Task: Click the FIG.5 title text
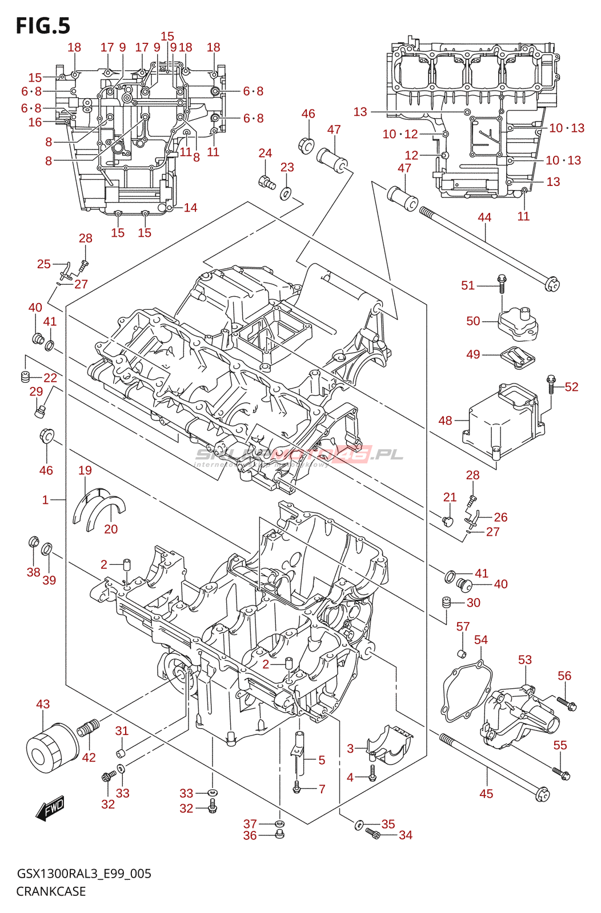click(x=43, y=26)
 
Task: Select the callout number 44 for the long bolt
click(x=484, y=217)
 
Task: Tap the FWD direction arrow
click(x=50, y=809)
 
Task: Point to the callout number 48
click(x=446, y=421)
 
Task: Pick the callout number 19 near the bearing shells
click(x=85, y=470)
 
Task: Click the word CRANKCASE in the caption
click(x=51, y=891)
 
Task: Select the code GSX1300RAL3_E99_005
click(x=84, y=874)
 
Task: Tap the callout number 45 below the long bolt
click(x=486, y=794)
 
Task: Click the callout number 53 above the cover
click(x=525, y=660)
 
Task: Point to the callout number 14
click(x=190, y=208)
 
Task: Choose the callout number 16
click(x=35, y=122)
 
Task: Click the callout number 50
click(x=473, y=321)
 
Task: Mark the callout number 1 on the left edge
click(x=45, y=500)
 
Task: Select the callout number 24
click(x=265, y=153)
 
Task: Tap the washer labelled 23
click(x=286, y=193)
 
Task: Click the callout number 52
click(x=572, y=387)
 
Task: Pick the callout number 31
click(x=122, y=731)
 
